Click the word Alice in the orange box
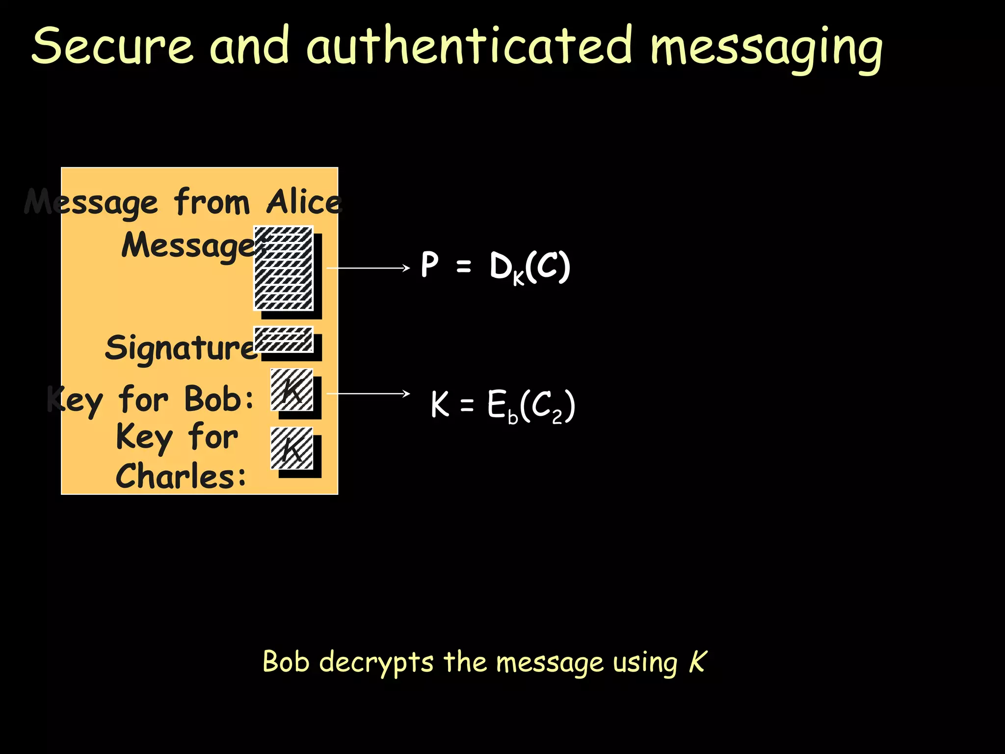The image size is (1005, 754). pyautogui.click(x=304, y=202)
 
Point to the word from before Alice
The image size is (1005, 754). pyautogui.click(x=212, y=202)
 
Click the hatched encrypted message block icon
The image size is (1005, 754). pyautogui.click(x=283, y=268)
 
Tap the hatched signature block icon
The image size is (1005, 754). pyautogui.click(x=283, y=339)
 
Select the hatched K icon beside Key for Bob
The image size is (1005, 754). pyautogui.click(x=291, y=390)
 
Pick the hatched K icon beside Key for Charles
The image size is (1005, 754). pyautogui.click(x=291, y=448)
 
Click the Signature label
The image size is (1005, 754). pyautogui.click(x=181, y=348)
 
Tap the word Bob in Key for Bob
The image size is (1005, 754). pyautogui.click(x=219, y=399)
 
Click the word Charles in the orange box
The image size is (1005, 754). pyautogui.click(x=181, y=476)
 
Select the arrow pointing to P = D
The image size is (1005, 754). pyautogui.click(x=368, y=268)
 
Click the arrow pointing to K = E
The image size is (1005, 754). pyautogui.click(x=368, y=394)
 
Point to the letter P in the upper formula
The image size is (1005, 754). pyautogui.click(x=429, y=265)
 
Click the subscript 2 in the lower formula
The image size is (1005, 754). pyautogui.click(x=556, y=417)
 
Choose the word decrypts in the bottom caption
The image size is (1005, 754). pyautogui.click(x=376, y=663)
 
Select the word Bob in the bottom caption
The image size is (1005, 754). pyautogui.click(x=286, y=661)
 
